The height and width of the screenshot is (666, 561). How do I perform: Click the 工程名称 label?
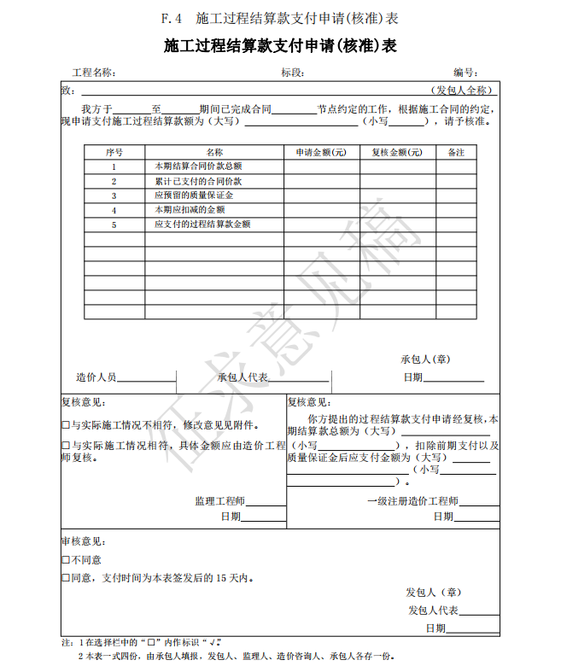[94, 73]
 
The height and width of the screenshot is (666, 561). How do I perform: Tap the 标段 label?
[293, 73]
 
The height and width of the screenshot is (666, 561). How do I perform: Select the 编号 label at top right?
[465, 73]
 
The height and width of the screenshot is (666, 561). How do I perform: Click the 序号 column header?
[114, 152]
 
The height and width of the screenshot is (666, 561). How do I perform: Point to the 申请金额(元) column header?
[321, 152]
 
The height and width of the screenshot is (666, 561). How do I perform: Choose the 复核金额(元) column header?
[396, 152]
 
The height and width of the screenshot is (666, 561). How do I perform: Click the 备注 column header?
[456, 152]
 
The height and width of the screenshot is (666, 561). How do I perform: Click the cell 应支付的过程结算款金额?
[202, 225]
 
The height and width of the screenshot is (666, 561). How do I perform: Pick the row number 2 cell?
[114, 181]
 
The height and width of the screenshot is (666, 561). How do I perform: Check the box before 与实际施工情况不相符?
[66, 424]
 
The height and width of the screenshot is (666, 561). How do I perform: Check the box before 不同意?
[66, 560]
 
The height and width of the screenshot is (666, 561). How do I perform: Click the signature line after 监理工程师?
[266, 505]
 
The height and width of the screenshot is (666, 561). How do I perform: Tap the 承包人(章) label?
[425, 359]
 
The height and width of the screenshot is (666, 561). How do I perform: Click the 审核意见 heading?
[83, 541]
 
